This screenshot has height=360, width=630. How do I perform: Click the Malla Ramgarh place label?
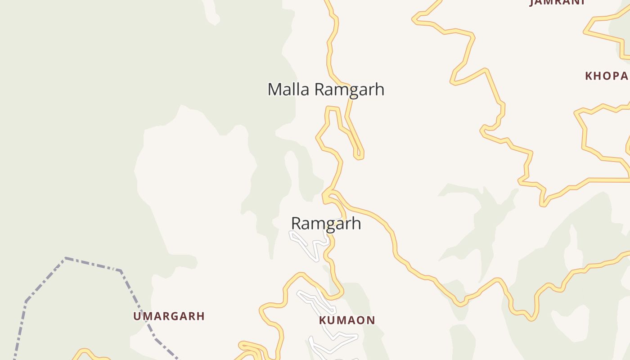pos(326,89)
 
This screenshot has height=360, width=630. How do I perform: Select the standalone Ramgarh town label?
pos(326,223)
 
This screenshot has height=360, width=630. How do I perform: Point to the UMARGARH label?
pos(169,316)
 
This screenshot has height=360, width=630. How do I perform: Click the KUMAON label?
pos(347,320)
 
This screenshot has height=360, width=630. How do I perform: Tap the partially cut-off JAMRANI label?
pos(557,2)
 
